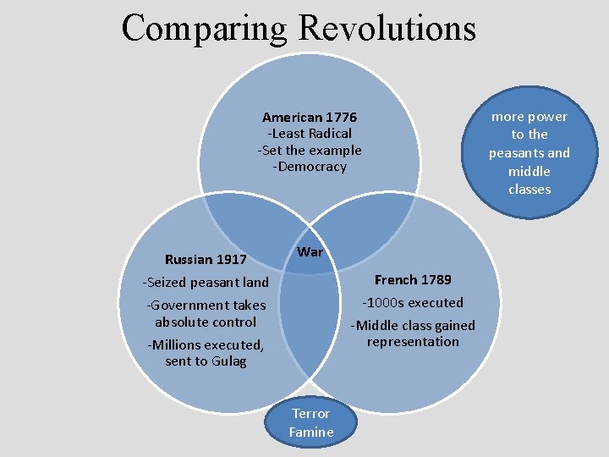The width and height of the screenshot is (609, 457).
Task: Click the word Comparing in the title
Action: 205,27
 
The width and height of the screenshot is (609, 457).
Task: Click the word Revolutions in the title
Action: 387,27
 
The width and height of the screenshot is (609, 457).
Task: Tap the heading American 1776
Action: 310,117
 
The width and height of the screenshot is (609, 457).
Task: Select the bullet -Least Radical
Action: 310,134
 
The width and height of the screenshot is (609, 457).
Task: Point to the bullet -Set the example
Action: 310,151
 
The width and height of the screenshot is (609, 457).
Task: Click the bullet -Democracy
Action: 310,167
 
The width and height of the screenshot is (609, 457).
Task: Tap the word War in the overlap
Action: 310,252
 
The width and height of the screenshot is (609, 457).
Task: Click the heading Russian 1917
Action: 206,259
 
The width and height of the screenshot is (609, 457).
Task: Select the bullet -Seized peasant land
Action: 206,283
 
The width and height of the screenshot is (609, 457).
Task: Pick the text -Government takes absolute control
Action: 206,313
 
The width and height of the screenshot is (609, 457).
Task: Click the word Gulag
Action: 229,361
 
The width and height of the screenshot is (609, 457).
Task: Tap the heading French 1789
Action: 413,280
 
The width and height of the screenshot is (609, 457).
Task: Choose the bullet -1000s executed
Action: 413,303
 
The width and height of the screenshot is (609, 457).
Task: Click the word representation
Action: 413,342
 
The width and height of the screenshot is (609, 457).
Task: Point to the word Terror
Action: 310,413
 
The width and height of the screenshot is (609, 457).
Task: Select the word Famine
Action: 311,432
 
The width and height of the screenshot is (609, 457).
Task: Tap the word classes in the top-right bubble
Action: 529,190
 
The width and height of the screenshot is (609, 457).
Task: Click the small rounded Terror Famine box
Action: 311,422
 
